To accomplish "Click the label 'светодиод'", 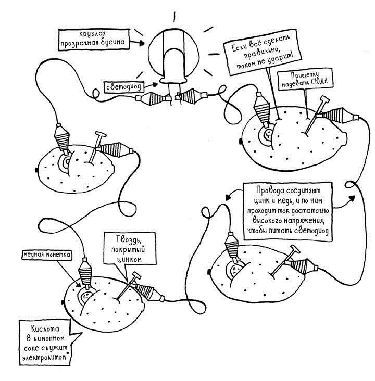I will pyautogui.click(x=122, y=86).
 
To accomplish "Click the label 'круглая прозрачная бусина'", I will pyautogui.click(x=91, y=38).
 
